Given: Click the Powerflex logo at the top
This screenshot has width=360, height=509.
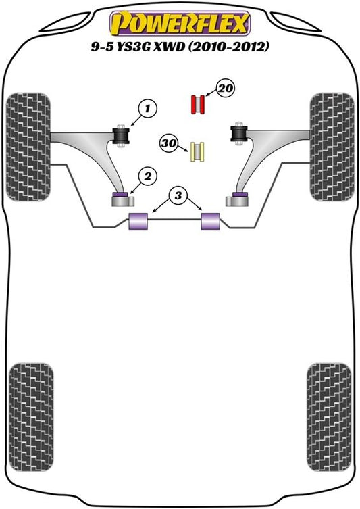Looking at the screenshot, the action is pyautogui.click(x=180, y=24).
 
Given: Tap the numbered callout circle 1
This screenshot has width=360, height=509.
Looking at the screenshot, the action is pyautogui.click(x=147, y=108).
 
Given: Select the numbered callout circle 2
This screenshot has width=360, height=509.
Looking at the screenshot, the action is pyautogui.click(x=147, y=176).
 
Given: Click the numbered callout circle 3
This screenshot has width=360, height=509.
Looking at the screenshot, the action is pyautogui.click(x=178, y=196).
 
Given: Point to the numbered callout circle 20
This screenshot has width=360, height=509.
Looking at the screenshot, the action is pyautogui.click(x=226, y=88).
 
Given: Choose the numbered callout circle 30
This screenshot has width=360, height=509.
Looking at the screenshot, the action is pyautogui.click(x=169, y=143).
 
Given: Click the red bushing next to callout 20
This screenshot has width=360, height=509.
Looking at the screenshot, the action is pyautogui.click(x=197, y=105).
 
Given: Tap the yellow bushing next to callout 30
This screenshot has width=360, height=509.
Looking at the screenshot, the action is pyautogui.click(x=197, y=152).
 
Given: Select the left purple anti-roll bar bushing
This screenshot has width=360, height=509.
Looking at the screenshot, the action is pyautogui.click(x=138, y=221).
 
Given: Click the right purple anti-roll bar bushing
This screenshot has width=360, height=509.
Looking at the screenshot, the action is pyautogui.click(x=211, y=221).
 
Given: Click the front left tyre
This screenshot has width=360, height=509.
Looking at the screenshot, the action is pyautogui.click(x=28, y=147).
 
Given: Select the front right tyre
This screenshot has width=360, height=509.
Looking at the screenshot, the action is pyautogui.click(x=332, y=147).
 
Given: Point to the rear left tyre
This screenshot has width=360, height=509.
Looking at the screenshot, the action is pyautogui.click(x=31, y=417).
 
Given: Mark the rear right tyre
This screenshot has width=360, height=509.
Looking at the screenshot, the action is pyautogui.click(x=329, y=417).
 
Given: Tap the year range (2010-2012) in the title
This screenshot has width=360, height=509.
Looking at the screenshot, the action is pyautogui.click(x=229, y=47).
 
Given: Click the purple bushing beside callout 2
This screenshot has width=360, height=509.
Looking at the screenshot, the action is pyautogui.click(x=121, y=195).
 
